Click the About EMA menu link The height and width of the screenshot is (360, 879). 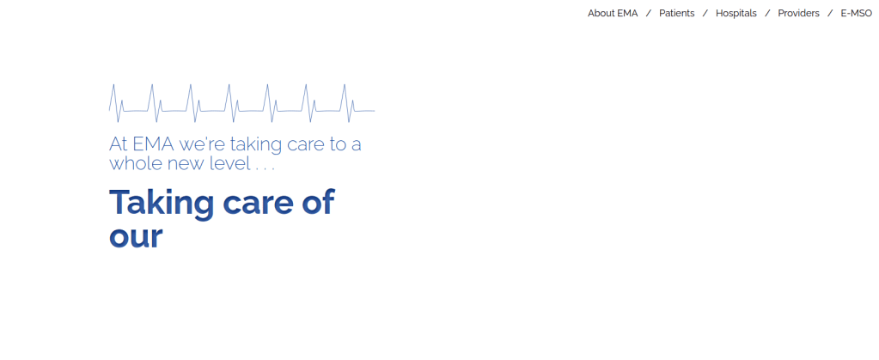click(x=613, y=14)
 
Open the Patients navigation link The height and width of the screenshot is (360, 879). click(x=676, y=14)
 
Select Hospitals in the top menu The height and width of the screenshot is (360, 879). click(x=736, y=14)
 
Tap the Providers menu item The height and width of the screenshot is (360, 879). click(x=798, y=14)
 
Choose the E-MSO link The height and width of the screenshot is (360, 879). click(x=856, y=14)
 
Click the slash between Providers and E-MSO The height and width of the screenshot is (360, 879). click(x=830, y=14)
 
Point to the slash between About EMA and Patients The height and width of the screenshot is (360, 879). click(x=649, y=14)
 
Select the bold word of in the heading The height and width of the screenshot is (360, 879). click(x=319, y=203)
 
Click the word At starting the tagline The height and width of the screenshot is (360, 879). click(x=118, y=144)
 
